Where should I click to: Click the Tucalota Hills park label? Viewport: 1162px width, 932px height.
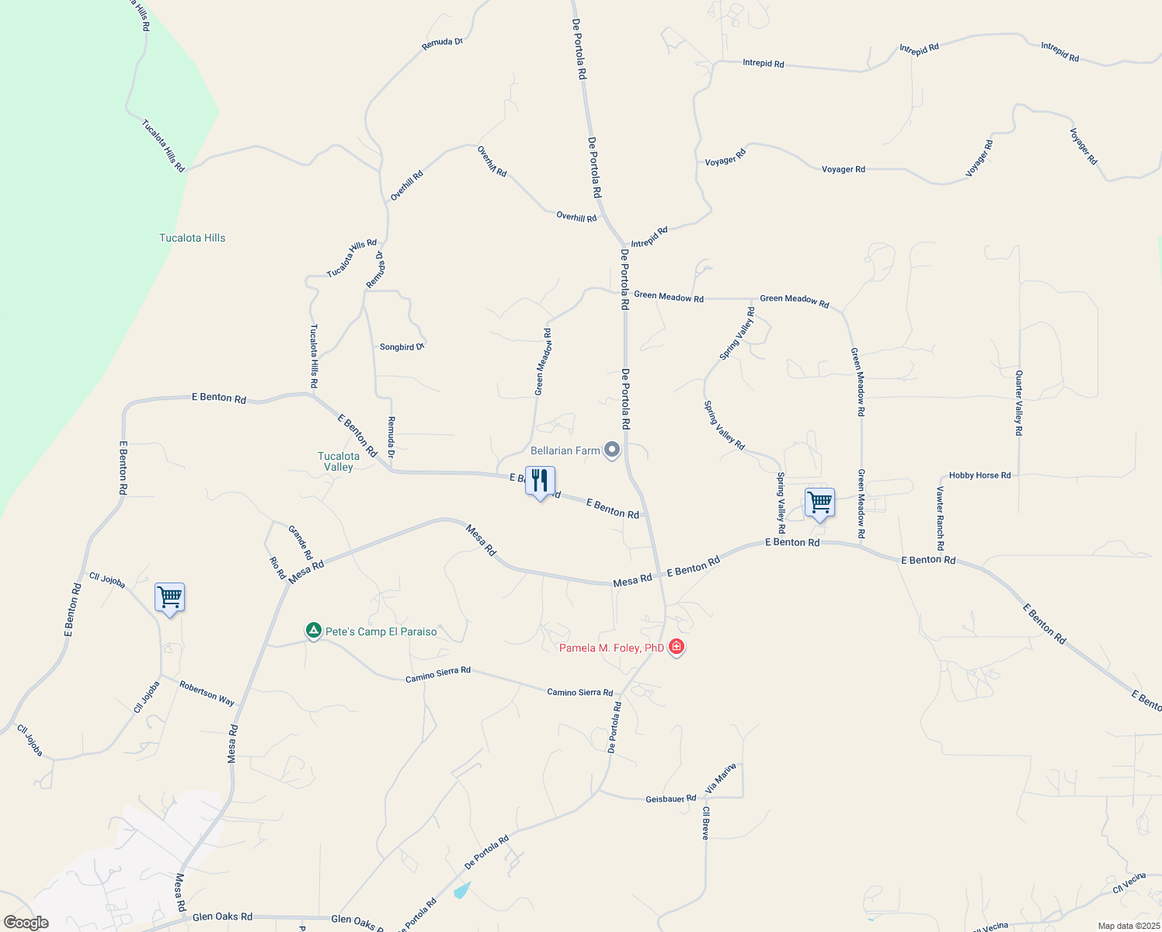click(x=192, y=238)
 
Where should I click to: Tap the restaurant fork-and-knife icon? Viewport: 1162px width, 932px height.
click(x=540, y=482)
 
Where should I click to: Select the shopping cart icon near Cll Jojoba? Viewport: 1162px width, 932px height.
click(x=169, y=598)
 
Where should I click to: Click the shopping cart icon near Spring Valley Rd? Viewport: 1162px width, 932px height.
click(x=819, y=503)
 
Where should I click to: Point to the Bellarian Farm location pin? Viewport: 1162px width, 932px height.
click(x=612, y=450)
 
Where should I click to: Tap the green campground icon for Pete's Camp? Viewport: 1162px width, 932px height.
click(x=313, y=631)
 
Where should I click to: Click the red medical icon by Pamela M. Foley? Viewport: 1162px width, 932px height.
click(x=677, y=647)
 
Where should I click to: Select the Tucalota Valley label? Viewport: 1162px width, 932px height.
click(x=339, y=461)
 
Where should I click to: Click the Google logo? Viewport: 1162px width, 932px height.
click(x=26, y=923)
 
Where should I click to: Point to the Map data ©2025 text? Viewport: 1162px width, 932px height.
click(x=1128, y=926)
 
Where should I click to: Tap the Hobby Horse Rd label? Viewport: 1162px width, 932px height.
click(x=979, y=475)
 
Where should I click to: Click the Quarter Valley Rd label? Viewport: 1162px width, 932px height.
click(x=1019, y=402)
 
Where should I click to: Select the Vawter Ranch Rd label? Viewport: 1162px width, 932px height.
click(x=940, y=518)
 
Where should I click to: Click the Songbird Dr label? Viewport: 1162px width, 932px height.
click(x=402, y=347)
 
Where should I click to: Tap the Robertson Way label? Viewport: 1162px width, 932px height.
click(x=207, y=693)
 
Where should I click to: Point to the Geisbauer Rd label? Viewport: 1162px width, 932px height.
click(x=670, y=798)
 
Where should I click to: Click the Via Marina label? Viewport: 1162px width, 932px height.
click(x=720, y=778)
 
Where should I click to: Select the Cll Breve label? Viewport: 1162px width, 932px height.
click(x=705, y=822)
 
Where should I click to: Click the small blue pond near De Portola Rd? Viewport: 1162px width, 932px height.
click(x=462, y=890)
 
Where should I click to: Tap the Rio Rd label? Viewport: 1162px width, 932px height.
click(x=277, y=568)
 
